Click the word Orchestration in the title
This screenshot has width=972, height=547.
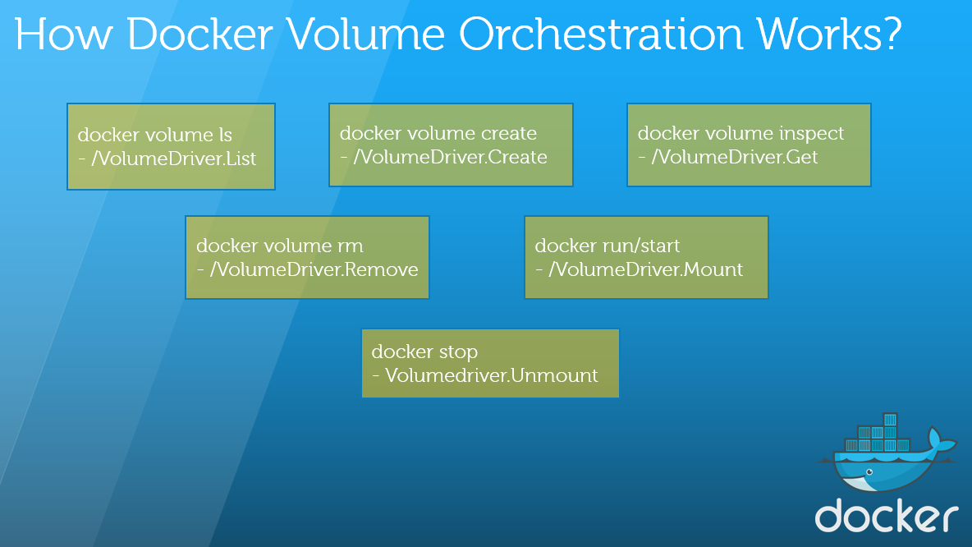(601, 34)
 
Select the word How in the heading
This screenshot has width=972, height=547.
(62, 34)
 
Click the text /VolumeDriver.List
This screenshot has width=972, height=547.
(173, 159)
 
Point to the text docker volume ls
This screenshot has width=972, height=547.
(155, 135)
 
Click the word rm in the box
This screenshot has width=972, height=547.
(351, 246)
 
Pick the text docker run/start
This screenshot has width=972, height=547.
(607, 246)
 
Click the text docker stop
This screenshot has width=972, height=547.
(424, 352)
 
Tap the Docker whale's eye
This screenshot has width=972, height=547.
(869, 472)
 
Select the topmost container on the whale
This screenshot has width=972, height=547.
(890, 419)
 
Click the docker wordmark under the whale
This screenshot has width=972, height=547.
(887, 515)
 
